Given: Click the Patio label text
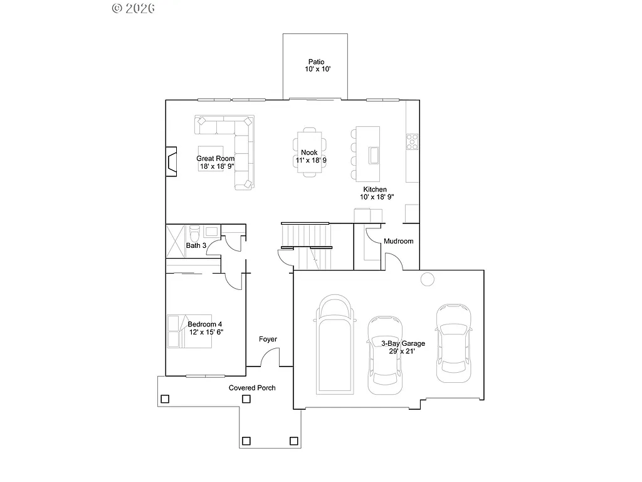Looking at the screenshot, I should (x=315, y=62).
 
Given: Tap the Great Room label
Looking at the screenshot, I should (x=215, y=159).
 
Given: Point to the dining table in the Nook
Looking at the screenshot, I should (x=310, y=153).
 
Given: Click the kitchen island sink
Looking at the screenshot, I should (x=374, y=154).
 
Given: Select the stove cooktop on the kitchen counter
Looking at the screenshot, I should (x=413, y=142).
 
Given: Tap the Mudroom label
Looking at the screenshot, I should (x=398, y=241).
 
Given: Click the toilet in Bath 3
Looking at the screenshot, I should (x=194, y=233).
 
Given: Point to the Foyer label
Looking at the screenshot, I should (x=268, y=340).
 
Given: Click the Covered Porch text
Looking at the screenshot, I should (x=252, y=388).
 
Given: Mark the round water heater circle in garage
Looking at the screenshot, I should (x=428, y=279).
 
